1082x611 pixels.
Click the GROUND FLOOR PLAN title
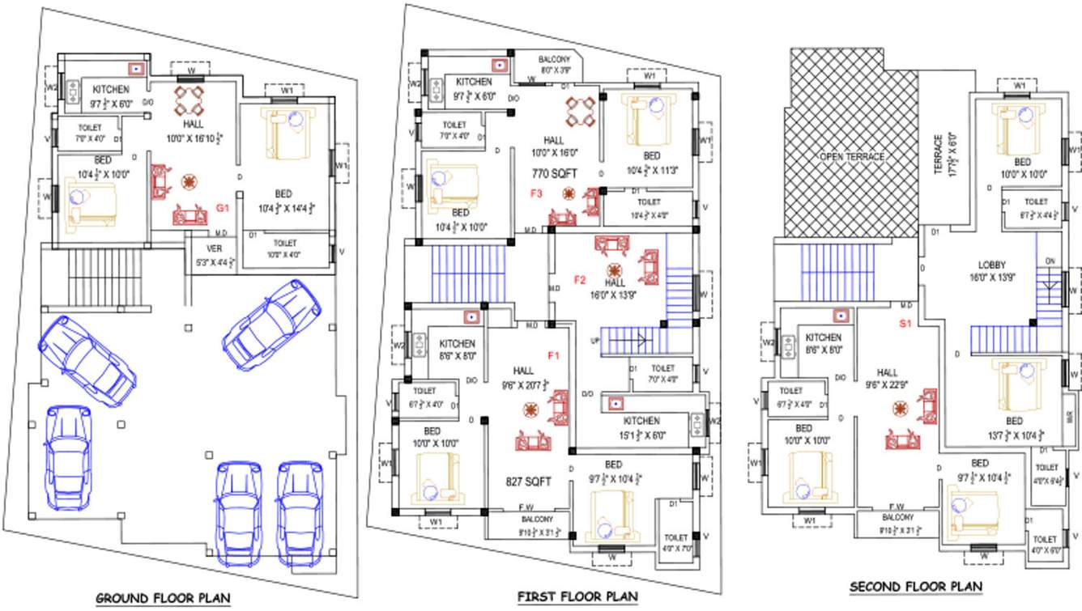(x=163, y=598)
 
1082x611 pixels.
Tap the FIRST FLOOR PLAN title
(x=577, y=596)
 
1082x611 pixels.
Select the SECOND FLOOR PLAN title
(x=915, y=586)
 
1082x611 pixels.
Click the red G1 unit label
(x=224, y=209)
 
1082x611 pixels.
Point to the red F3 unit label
(x=536, y=193)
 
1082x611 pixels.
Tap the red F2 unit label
(x=580, y=280)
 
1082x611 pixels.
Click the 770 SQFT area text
(x=552, y=173)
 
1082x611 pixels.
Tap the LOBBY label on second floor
(x=991, y=265)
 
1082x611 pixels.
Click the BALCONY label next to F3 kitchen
(x=554, y=60)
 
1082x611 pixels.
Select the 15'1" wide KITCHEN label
(x=641, y=421)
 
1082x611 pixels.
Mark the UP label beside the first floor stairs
(x=595, y=341)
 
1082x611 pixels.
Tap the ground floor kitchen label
(x=111, y=89)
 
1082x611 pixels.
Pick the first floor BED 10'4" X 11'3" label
(x=652, y=155)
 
